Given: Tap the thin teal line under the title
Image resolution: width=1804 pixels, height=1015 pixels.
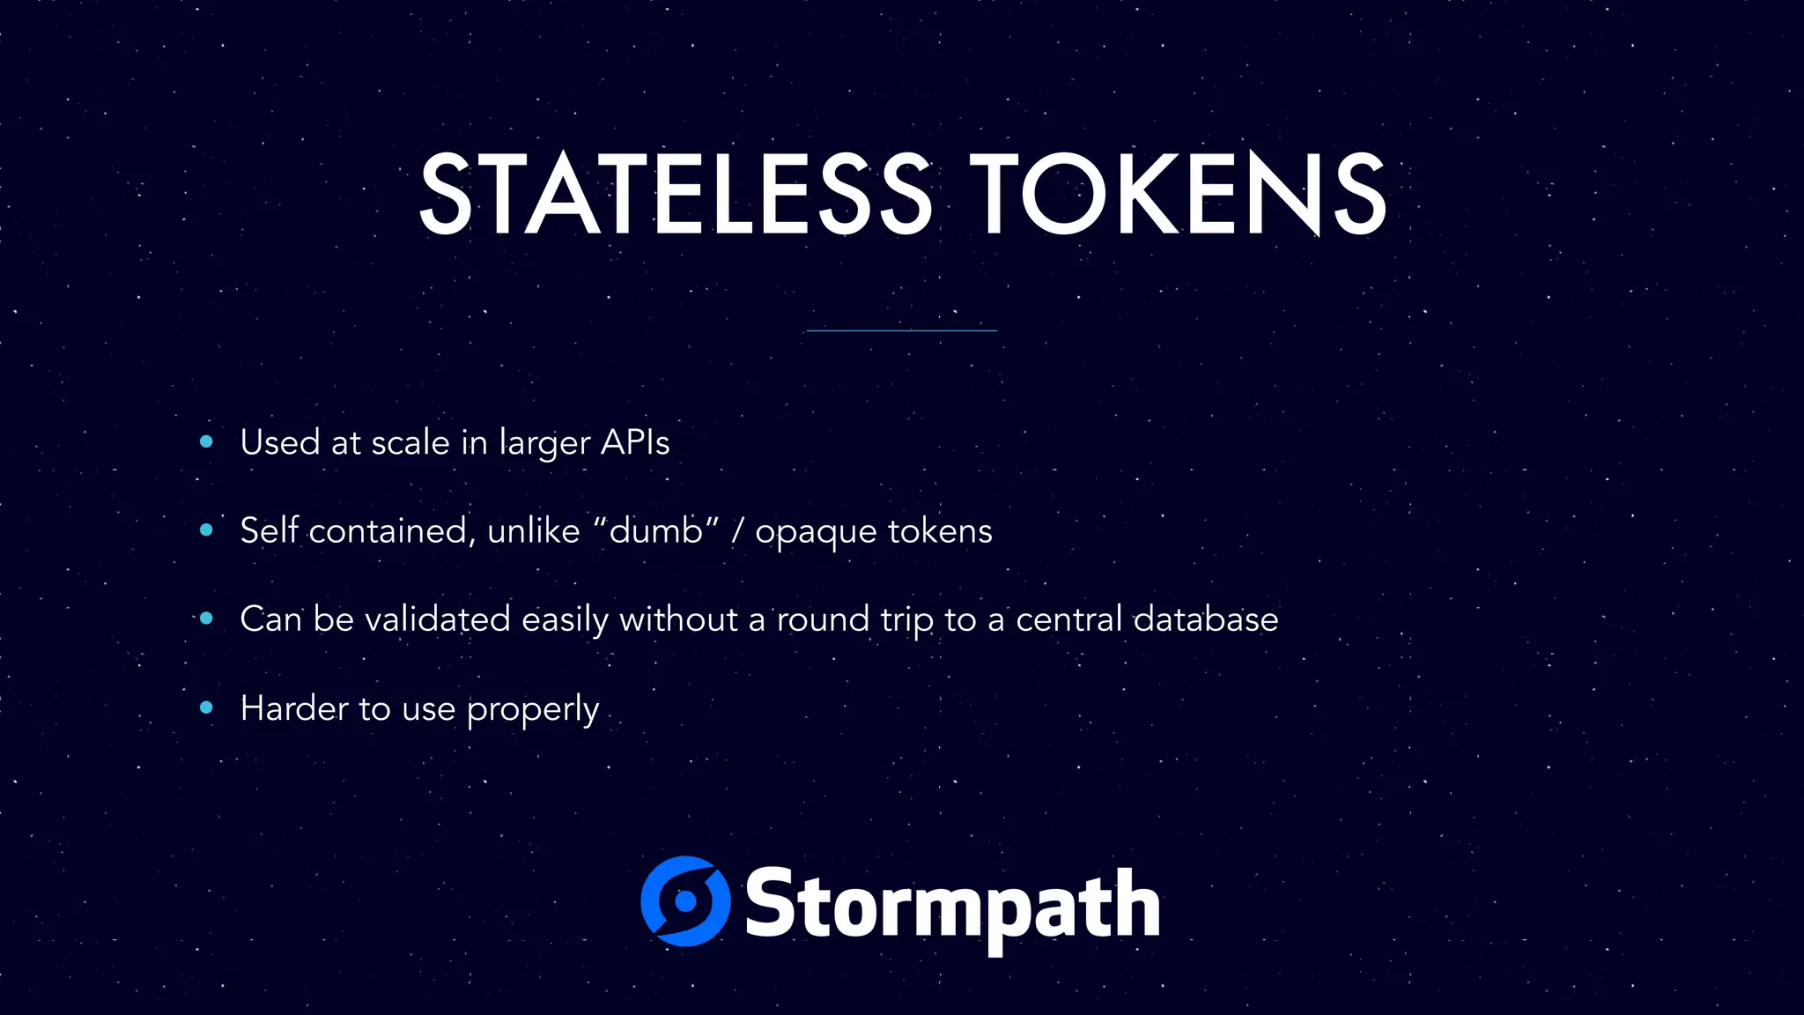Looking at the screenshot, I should click(901, 330).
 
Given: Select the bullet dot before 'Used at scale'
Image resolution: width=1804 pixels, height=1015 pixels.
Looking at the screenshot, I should click(206, 441).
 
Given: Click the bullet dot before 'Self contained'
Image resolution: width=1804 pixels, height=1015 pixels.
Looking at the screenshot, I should click(206, 530).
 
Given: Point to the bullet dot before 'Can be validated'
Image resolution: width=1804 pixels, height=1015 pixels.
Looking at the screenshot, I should click(206, 619).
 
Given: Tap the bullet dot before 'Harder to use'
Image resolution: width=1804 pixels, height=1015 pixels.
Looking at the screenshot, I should click(206, 707).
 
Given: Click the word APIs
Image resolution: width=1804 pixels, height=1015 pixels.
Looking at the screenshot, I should click(634, 442).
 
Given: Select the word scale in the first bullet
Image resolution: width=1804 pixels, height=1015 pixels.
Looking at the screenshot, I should click(410, 442).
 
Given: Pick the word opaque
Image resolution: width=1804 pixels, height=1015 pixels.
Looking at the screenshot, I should click(816, 532).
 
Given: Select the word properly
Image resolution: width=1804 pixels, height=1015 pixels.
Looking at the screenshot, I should click(532, 710).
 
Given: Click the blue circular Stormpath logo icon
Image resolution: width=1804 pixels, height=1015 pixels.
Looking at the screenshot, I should click(685, 901).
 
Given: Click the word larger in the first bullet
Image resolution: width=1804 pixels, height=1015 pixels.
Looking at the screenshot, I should click(544, 444).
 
